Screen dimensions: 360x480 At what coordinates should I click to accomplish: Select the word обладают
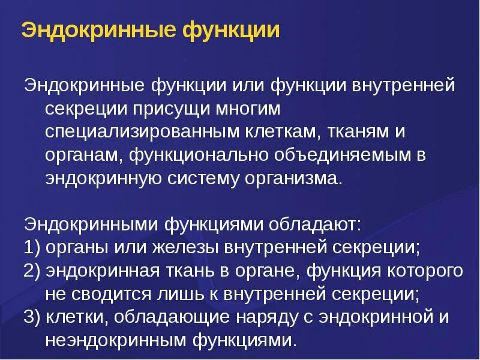[x=315, y=225]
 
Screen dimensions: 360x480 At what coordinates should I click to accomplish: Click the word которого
[x=425, y=271]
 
